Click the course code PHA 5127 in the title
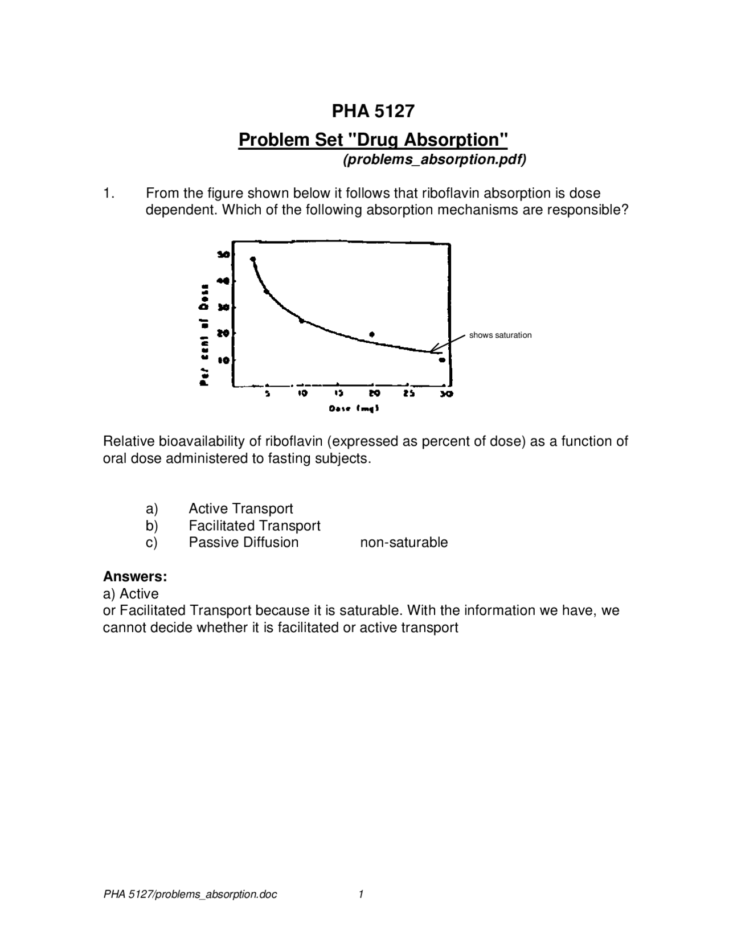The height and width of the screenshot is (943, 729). pos(373,111)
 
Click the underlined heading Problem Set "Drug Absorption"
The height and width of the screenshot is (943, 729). pos(372,140)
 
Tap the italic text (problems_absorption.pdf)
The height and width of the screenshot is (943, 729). pos(434,160)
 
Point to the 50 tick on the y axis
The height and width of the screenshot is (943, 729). pos(223,255)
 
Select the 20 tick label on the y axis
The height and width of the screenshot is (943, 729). pos(223,333)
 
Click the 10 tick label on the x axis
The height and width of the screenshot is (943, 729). pos(302,393)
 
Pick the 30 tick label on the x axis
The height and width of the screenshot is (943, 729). pos(447,393)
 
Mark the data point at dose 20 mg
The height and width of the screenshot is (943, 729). pos(372,334)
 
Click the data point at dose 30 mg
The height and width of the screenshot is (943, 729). pos(442,360)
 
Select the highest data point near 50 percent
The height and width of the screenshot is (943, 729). pos(253,259)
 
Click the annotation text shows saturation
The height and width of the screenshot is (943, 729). pos(500,335)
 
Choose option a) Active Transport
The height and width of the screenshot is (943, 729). pos(240,509)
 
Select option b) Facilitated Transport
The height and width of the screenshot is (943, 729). pos(254,526)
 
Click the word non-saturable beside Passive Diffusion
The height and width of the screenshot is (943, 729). pos(404,543)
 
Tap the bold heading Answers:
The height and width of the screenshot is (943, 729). pos(135,577)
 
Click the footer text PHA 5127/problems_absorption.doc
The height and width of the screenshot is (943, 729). pos(190,895)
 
